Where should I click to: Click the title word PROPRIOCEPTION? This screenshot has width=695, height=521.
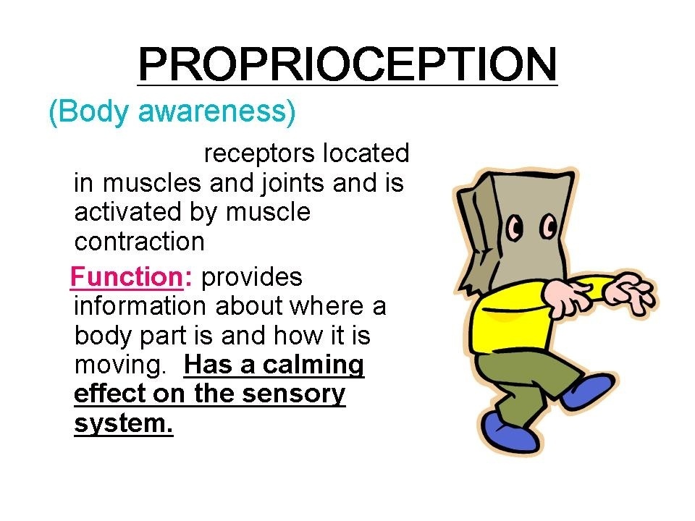tap(347, 64)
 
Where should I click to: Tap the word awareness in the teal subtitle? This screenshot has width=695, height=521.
tap(216, 111)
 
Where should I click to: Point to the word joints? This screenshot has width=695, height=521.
tap(292, 183)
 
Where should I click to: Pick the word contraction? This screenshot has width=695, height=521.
tap(139, 242)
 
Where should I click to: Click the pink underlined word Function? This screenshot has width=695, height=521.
tap(127, 277)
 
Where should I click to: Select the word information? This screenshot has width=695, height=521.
tap(140, 306)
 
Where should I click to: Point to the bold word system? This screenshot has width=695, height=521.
tap(123, 424)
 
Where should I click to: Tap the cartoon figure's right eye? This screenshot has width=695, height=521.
tap(549, 226)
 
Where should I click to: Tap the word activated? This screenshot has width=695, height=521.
tap(127, 212)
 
